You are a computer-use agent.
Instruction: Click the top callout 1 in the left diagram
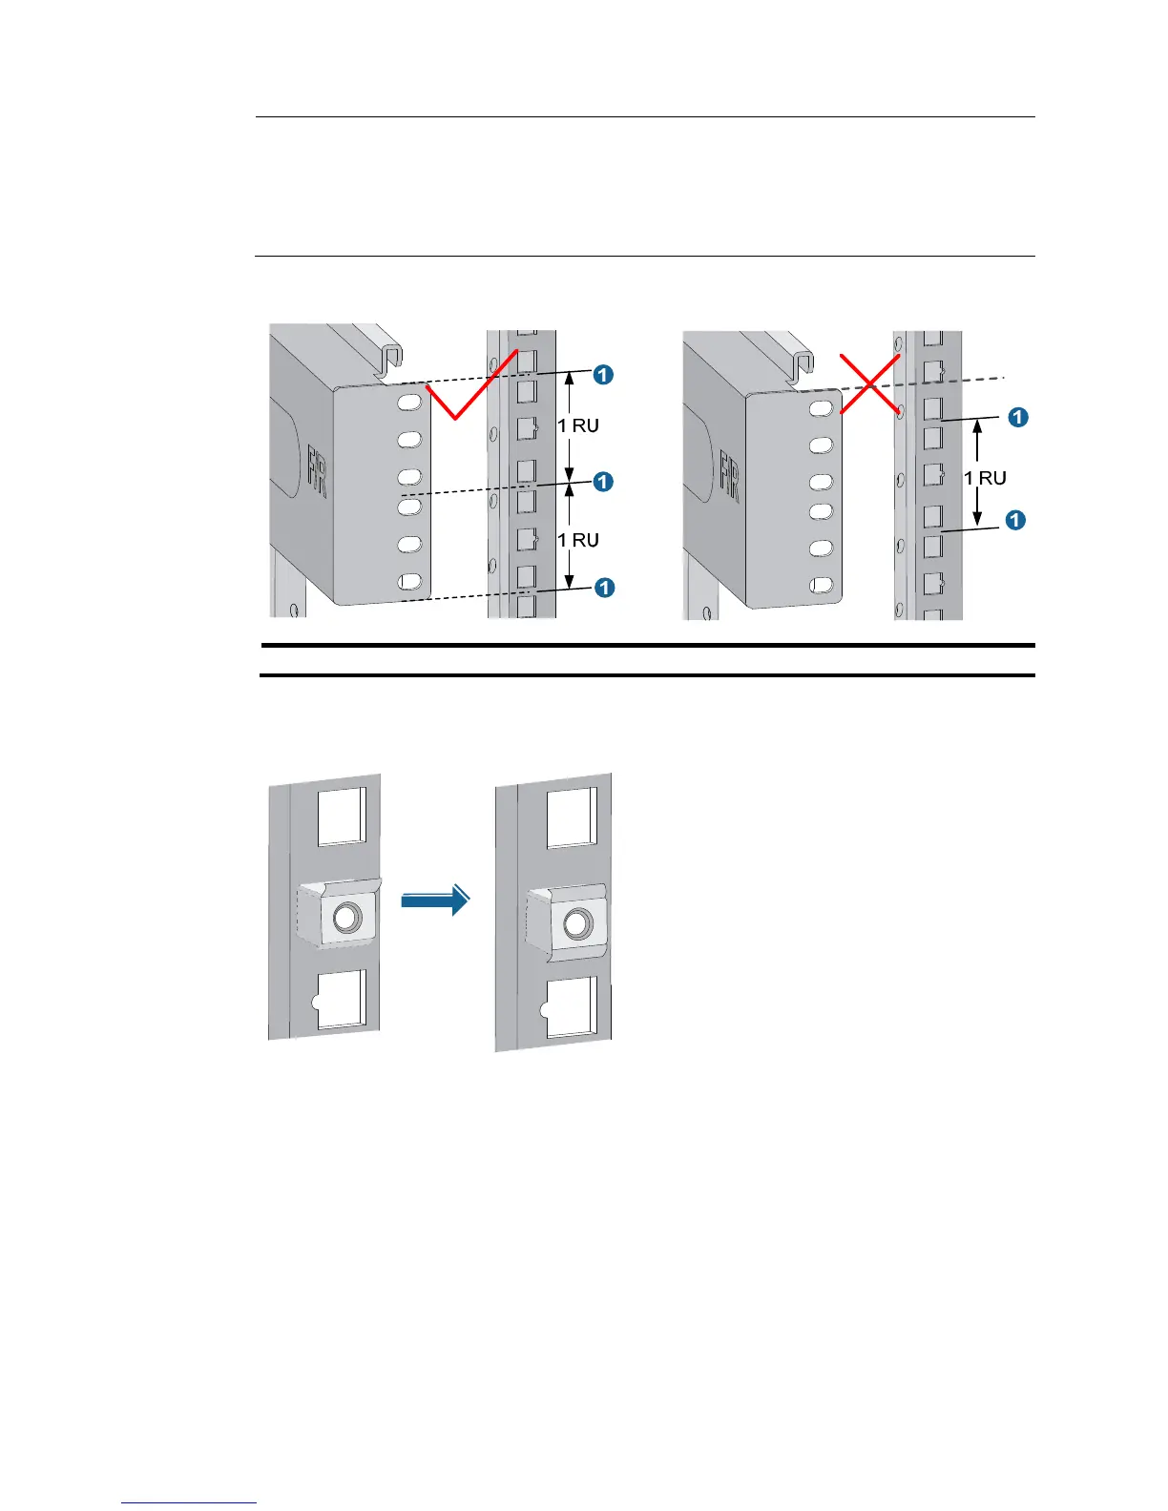pos(603,375)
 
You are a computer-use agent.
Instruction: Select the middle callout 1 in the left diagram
pos(603,482)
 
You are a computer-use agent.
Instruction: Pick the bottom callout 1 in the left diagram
pos(604,588)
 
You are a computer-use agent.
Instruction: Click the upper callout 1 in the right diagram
pos(1018,417)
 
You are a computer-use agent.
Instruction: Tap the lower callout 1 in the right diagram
pos(1015,520)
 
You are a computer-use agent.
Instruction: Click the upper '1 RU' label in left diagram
pos(578,425)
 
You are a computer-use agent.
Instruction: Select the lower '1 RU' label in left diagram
pos(578,540)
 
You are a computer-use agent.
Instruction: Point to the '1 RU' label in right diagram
pos(985,478)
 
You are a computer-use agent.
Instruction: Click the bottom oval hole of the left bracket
pos(409,581)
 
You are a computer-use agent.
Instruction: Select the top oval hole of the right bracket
pos(820,409)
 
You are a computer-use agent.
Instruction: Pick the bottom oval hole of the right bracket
pos(820,585)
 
